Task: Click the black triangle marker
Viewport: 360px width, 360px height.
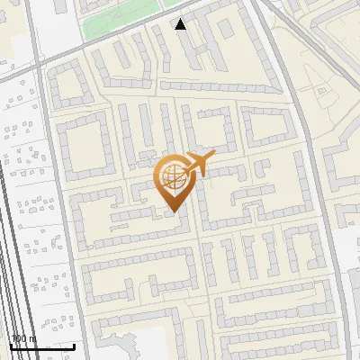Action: (181, 24)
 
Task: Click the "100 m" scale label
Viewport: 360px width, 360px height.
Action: (23, 338)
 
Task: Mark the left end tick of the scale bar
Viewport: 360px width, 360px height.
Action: (11, 345)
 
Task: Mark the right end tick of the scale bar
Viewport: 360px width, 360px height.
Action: (74, 345)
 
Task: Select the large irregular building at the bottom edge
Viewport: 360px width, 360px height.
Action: (135, 346)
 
